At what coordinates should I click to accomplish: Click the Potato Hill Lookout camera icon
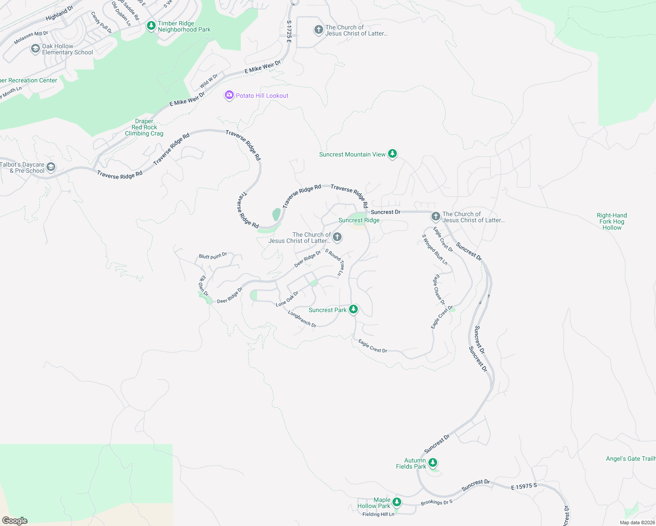(x=229, y=95)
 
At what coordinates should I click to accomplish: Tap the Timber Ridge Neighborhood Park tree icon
(x=151, y=26)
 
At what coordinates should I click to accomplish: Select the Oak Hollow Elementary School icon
(x=36, y=49)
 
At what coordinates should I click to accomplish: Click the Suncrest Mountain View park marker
(x=392, y=153)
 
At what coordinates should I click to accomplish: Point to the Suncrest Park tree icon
(x=353, y=309)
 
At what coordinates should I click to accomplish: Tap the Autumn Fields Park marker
(x=433, y=462)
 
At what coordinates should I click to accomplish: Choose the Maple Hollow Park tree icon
(x=397, y=502)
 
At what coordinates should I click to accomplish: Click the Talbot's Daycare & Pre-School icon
(x=51, y=167)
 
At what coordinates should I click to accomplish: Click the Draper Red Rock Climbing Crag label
(x=144, y=127)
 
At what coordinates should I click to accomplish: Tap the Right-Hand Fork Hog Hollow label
(x=612, y=221)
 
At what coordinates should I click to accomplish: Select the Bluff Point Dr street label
(x=213, y=256)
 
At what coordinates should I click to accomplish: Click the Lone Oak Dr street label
(x=287, y=299)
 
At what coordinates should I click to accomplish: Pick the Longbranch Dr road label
(x=302, y=319)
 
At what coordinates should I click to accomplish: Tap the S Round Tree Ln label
(x=335, y=262)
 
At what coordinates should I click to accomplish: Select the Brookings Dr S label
(x=436, y=502)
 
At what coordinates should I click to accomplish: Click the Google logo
(x=15, y=520)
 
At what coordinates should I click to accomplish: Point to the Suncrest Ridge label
(x=359, y=220)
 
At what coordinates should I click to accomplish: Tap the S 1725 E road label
(x=289, y=32)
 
